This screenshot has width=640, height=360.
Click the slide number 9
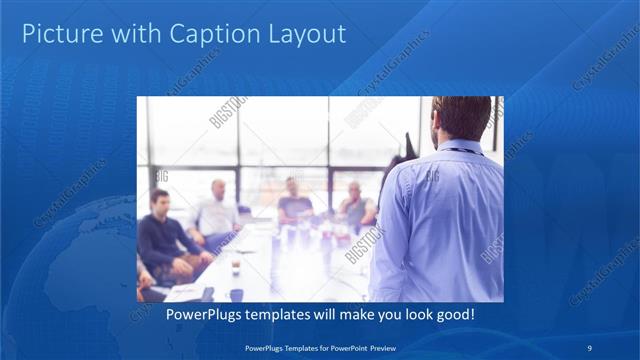coord(590,347)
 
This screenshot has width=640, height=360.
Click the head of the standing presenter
coord(461,118)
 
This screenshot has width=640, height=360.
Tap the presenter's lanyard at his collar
coord(458,150)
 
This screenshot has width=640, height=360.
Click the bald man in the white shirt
coord(217,211)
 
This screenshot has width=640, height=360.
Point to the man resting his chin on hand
coord(355,205)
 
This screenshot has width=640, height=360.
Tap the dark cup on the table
coord(236,267)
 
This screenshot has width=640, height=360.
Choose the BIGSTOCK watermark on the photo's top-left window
coord(228,112)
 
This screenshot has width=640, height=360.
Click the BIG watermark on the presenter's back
coord(433,178)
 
